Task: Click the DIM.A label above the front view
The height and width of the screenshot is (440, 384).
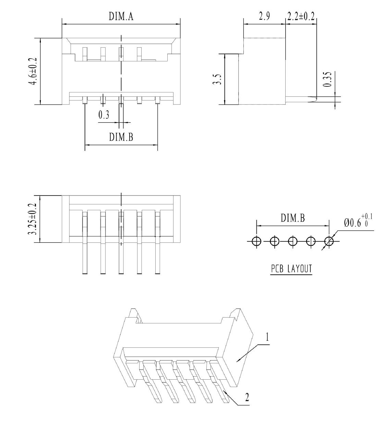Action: point(121,16)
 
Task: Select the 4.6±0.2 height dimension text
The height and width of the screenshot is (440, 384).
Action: point(34,71)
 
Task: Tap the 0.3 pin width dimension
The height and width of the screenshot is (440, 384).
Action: point(104,115)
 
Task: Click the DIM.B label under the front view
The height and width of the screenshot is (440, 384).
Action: point(121,137)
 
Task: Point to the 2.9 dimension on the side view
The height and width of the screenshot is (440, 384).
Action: point(264,16)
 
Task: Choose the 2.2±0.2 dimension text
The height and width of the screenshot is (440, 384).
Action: point(301,16)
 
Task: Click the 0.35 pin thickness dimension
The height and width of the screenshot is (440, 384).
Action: point(327,79)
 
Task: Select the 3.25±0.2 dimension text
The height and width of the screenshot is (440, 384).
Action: point(34,219)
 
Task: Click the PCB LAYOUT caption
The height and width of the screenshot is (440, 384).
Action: point(291,269)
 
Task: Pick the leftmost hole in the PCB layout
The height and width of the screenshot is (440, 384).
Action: point(256,241)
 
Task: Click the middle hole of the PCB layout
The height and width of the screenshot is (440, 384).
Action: point(292,241)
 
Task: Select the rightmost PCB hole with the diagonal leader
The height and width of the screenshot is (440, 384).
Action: point(329,241)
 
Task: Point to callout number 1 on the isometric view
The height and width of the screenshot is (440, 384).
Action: point(267,337)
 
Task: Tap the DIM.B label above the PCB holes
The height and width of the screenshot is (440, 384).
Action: point(292,218)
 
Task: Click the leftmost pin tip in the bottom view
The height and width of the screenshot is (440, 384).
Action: point(85,273)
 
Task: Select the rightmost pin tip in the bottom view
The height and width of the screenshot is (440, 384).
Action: point(158,273)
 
